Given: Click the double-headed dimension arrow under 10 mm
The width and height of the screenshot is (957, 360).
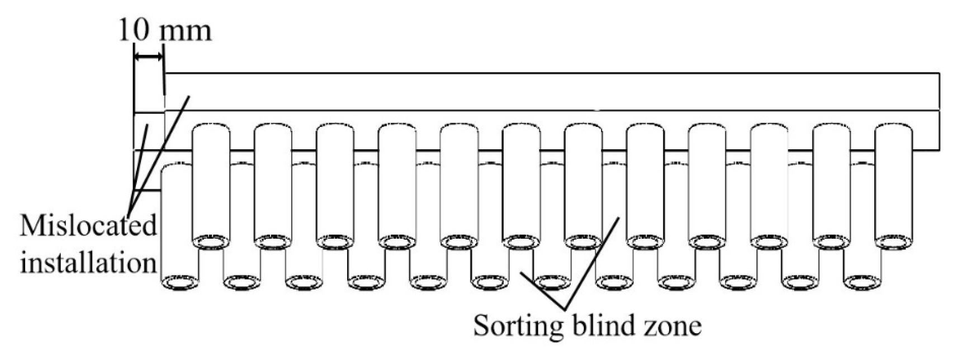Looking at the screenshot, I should [x=148, y=56].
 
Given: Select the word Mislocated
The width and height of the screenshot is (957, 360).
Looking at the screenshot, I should [x=88, y=226].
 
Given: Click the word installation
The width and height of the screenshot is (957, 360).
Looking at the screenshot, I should [x=88, y=262].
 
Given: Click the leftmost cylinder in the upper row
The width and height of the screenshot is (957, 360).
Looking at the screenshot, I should [x=211, y=184].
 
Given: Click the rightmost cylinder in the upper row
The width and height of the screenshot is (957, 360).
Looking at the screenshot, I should [x=893, y=184].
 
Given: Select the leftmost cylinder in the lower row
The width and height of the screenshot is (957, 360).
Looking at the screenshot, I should [x=179, y=224].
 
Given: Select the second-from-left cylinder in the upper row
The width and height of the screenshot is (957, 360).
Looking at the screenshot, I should [x=273, y=184].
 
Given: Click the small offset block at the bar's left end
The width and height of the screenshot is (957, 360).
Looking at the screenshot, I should [x=149, y=131].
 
